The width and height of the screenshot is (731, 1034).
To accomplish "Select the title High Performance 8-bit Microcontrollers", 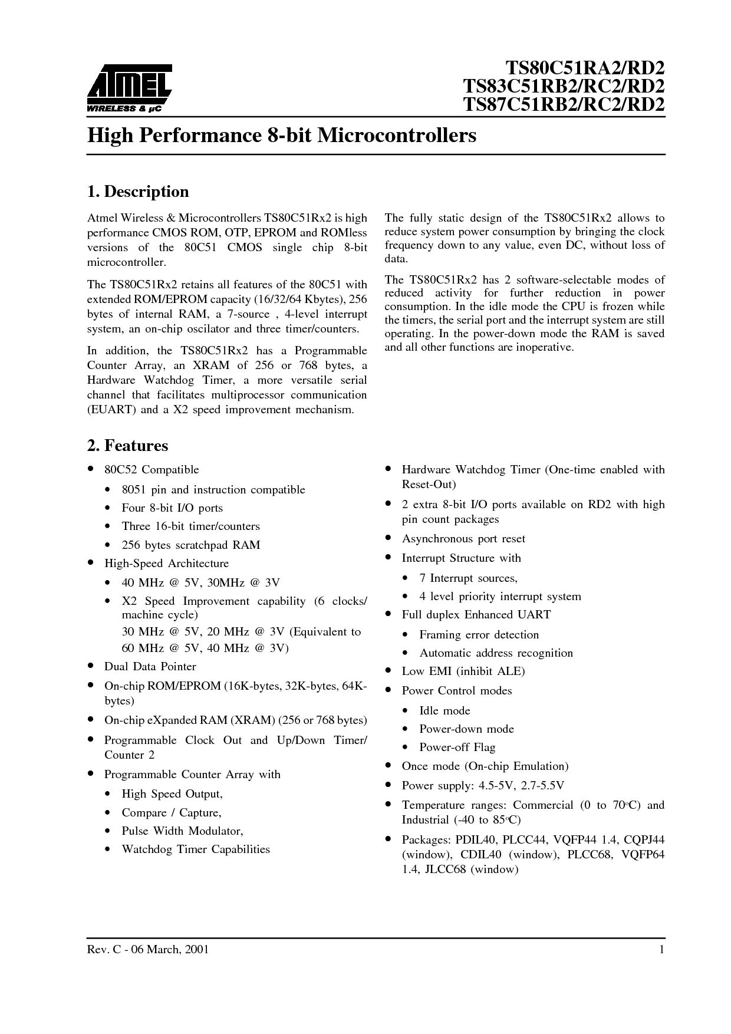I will pyautogui.click(x=281, y=136).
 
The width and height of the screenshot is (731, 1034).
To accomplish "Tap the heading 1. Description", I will pyautogui.click(x=138, y=192).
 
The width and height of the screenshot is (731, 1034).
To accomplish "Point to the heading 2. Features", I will pyautogui.click(x=127, y=446).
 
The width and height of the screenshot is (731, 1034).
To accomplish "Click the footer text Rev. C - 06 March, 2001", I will pyautogui.click(x=147, y=950).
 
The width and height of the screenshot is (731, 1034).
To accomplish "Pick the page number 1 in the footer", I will pyautogui.click(x=661, y=950).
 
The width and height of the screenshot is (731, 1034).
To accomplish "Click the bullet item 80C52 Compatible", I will pyautogui.click(x=152, y=470).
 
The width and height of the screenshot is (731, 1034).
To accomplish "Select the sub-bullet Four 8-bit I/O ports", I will pyautogui.click(x=172, y=508).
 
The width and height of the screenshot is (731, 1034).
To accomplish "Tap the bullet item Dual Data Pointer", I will pyautogui.click(x=150, y=667).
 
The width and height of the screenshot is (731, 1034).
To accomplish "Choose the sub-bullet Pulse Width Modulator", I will pyautogui.click(x=182, y=831).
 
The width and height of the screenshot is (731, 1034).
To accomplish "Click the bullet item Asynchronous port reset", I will pyautogui.click(x=463, y=539).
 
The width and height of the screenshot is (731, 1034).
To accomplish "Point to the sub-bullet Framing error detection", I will pyautogui.click(x=479, y=635).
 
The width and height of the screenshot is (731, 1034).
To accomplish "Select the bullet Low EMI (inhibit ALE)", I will pyautogui.click(x=463, y=671).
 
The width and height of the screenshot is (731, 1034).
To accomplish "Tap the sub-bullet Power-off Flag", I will pyautogui.click(x=457, y=747).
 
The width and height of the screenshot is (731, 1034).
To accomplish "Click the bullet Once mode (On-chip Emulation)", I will pyautogui.click(x=485, y=766).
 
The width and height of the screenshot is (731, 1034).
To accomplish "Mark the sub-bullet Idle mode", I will pyautogui.click(x=444, y=711).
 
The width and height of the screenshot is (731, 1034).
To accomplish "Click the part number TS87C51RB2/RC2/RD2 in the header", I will pyautogui.click(x=564, y=104).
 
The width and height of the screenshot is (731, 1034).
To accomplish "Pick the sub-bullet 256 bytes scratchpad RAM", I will pyautogui.click(x=190, y=545).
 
